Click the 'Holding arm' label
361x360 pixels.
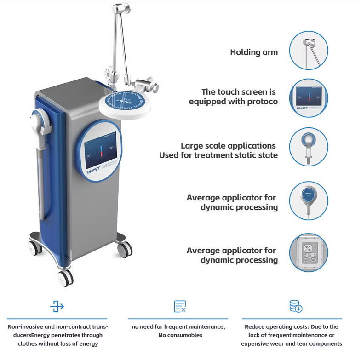pos(254,52)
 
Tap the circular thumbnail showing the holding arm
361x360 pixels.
pos(309,51)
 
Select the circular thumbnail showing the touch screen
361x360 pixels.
pos(309,97)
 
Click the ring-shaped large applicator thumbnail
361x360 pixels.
pos(309,147)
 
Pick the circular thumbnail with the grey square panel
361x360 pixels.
pos(309,252)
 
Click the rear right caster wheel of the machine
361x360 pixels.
pos(124,249)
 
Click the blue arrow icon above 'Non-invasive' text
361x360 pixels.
pos(57,306)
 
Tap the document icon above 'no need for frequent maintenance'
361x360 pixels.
pos(180,306)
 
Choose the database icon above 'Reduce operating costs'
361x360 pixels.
pos(295,306)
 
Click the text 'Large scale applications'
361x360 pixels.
pos(228,146)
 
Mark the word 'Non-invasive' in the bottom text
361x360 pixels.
pos(26,327)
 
